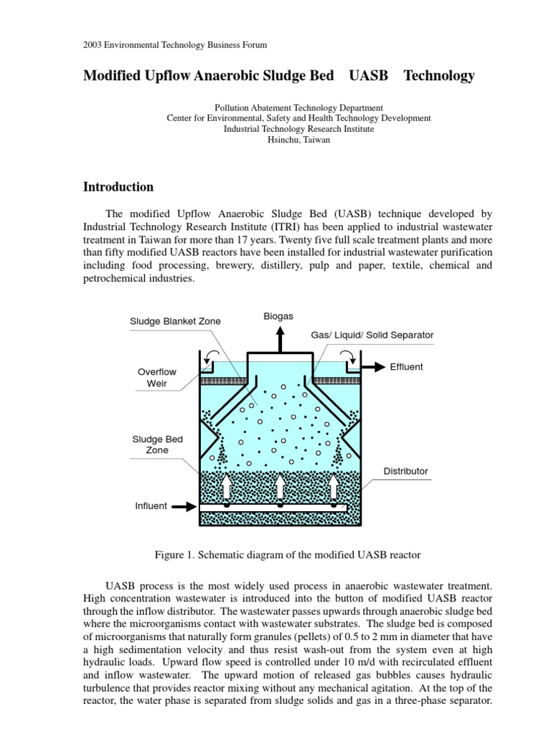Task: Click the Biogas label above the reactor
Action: tap(279, 316)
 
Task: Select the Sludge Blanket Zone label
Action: tap(175, 321)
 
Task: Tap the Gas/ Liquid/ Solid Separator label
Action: tap(372, 335)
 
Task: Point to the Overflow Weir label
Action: tap(156, 378)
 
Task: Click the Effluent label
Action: tap(406, 367)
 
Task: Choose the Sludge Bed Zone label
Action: tap(156, 444)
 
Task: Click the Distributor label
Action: tap(405, 471)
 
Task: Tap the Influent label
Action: tap(151, 505)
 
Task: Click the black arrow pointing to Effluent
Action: tap(372, 367)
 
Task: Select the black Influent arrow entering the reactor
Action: tap(184, 506)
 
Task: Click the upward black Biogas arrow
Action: tap(280, 338)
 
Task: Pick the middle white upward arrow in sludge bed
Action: tap(280, 487)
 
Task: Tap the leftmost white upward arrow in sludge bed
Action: tap(227, 487)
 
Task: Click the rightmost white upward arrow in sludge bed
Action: tap(334, 487)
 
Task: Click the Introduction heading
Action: tap(118, 187)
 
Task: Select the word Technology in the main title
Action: tap(439, 75)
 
